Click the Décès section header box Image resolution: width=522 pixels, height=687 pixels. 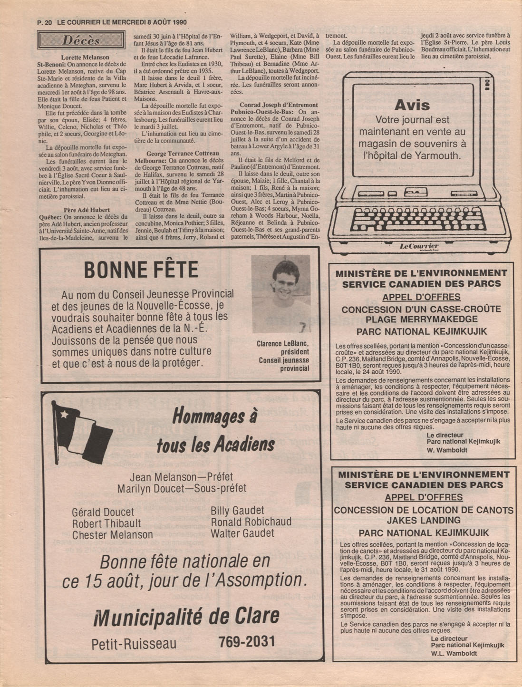[x=81, y=40]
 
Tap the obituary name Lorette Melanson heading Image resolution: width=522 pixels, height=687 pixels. [x=85, y=58]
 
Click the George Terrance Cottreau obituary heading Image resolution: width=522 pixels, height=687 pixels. [x=183, y=154]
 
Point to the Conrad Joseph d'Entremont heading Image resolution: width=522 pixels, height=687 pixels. [x=279, y=105]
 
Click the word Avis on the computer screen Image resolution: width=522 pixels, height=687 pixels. [x=412, y=105]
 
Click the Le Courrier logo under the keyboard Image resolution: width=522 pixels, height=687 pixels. [x=419, y=246]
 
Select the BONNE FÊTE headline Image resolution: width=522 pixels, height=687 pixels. [x=141, y=270]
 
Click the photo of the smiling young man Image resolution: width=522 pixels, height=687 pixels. [x=280, y=294]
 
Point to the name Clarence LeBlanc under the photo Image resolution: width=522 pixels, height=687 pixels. [x=282, y=344]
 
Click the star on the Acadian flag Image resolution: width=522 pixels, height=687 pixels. [x=63, y=413]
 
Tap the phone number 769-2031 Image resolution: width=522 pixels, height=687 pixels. [x=247, y=641]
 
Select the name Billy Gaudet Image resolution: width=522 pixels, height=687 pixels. [x=237, y=511]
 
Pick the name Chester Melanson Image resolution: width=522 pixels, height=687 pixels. [x=113, y=535]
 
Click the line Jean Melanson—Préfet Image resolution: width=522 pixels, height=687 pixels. [x=182, y=477]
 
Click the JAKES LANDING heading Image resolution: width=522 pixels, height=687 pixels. [x=423, y=520]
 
